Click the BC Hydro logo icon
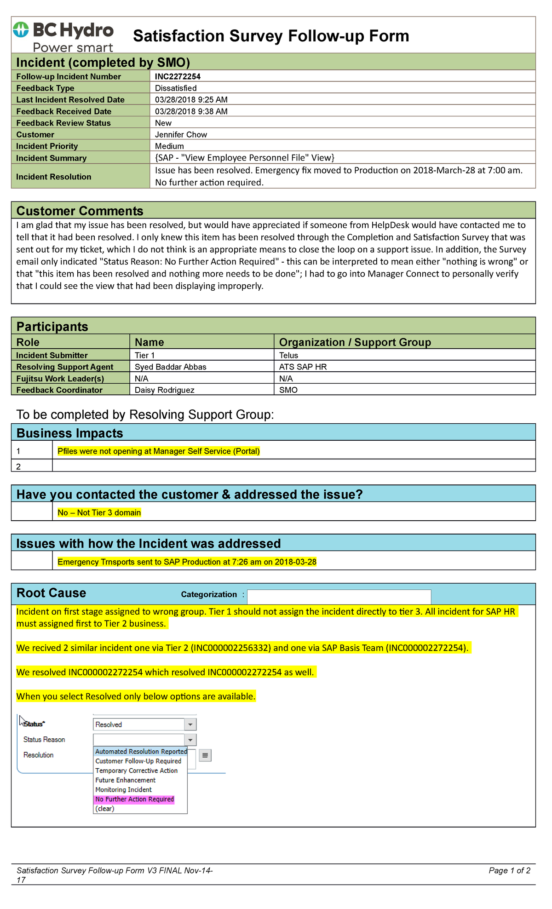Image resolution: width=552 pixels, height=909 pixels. pos(21,30)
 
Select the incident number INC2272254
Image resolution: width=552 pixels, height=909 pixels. pos(178,76)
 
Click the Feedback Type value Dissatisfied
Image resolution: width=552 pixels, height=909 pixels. pos(176,88)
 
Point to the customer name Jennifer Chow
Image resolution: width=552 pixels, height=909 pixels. pos(181,134)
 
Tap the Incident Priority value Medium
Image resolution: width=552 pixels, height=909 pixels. pos(169,146)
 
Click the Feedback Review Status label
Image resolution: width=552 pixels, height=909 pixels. pos(63,123)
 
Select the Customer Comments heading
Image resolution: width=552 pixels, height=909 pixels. pos(80,211)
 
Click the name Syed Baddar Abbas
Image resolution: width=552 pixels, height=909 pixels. pos(170,367)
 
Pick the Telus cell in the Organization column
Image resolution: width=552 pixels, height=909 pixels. pos(288,355)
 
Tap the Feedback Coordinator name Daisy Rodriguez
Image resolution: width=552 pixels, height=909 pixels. pos(164,390)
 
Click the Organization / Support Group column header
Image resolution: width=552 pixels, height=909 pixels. pos(355,342)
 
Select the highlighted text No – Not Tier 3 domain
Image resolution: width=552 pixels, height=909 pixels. pos(99,512)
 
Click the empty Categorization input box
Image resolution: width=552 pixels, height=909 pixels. pos(339,597)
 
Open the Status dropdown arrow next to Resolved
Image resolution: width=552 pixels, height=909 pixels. pos(190,725)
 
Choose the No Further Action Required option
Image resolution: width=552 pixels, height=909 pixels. pos(134,799)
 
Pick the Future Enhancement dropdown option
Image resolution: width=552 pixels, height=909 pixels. pos(125,780)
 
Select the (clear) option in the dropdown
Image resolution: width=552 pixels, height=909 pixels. pos(105,809)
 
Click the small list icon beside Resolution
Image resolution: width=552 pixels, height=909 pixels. pos(205,755)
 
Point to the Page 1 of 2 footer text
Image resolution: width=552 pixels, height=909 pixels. pos(509,870)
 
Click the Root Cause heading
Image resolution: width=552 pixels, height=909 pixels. pos(51,593)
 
